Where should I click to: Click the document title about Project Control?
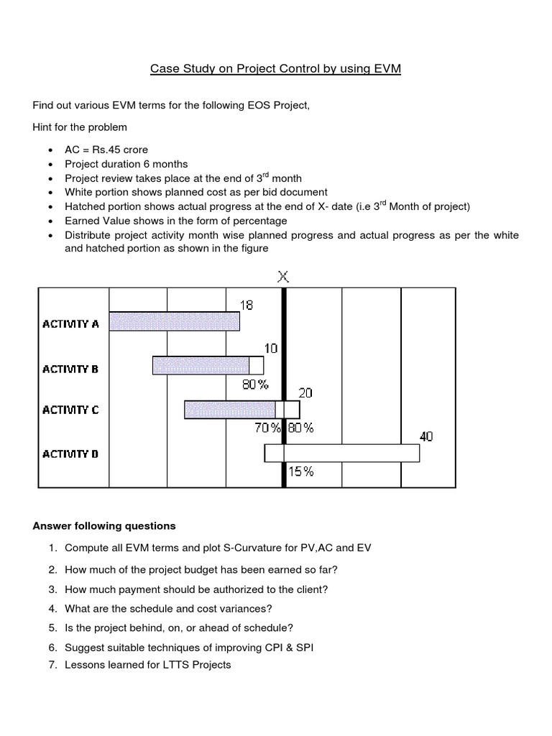(x=275, y=69)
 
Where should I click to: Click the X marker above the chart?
(x=284, y=275)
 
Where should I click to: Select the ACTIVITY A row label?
(x=70, y=323)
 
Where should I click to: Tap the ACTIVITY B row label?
(x=70, y=369)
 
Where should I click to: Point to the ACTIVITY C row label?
(x=70, y=410)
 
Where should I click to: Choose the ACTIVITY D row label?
(x=70, y=454)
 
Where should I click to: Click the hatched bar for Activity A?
(x=174, y=321)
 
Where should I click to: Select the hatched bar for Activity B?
(x=201, y=365)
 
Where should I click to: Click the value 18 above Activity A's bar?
(x=246, y=305)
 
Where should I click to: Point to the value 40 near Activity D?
(x=426, y=436)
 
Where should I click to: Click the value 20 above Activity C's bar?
(x=305, y=393)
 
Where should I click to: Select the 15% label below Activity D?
(x=301, y=471)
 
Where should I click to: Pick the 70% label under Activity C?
(x=267, y=428)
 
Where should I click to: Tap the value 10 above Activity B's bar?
(x=270, y=349)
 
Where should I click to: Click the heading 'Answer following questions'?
(x=104, y=525)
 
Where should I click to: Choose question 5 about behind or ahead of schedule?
(x=179, y=627)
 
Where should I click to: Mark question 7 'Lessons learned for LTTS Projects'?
(x=147, y=665)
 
